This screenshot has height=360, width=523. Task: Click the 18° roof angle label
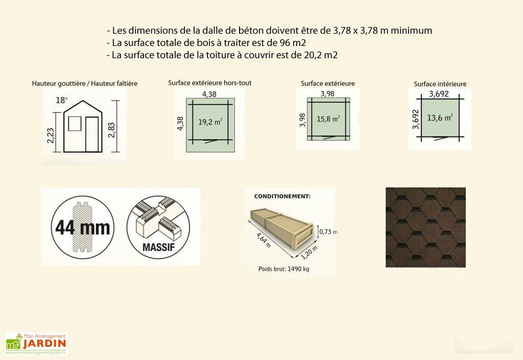(x=62, y=100)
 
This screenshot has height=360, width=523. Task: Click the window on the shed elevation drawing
(x=75, y=123)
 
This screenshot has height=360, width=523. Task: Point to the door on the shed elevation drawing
(x=92, y=134)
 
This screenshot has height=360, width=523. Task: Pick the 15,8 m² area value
(x=328, y=119)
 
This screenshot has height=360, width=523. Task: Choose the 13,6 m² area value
(x=440, y=117)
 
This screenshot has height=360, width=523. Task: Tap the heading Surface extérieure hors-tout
(x=209, y=83)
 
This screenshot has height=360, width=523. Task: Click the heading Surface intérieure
(x=440, y=84)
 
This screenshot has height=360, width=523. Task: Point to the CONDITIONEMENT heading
(x=282, y=196)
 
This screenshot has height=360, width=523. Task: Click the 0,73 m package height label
(x=327, y=231)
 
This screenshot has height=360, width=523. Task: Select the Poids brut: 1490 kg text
(x=284, y=268)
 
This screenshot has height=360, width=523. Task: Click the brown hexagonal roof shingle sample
(x=425, y=227)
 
